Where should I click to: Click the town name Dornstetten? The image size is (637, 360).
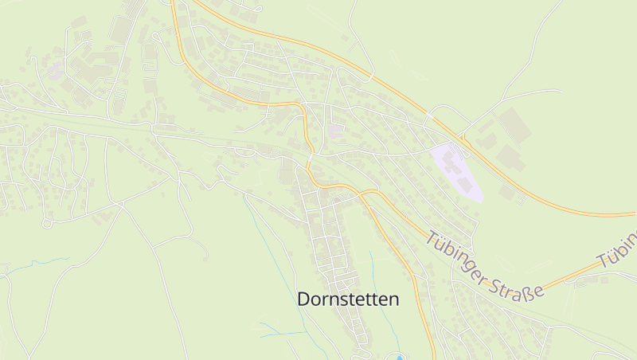[348, 299]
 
